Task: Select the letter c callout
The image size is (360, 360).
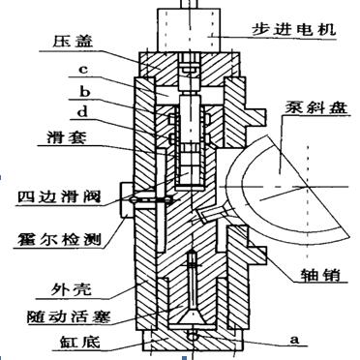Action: click(x=84, y=70)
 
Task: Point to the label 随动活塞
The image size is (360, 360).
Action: click(x=57, y=315)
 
